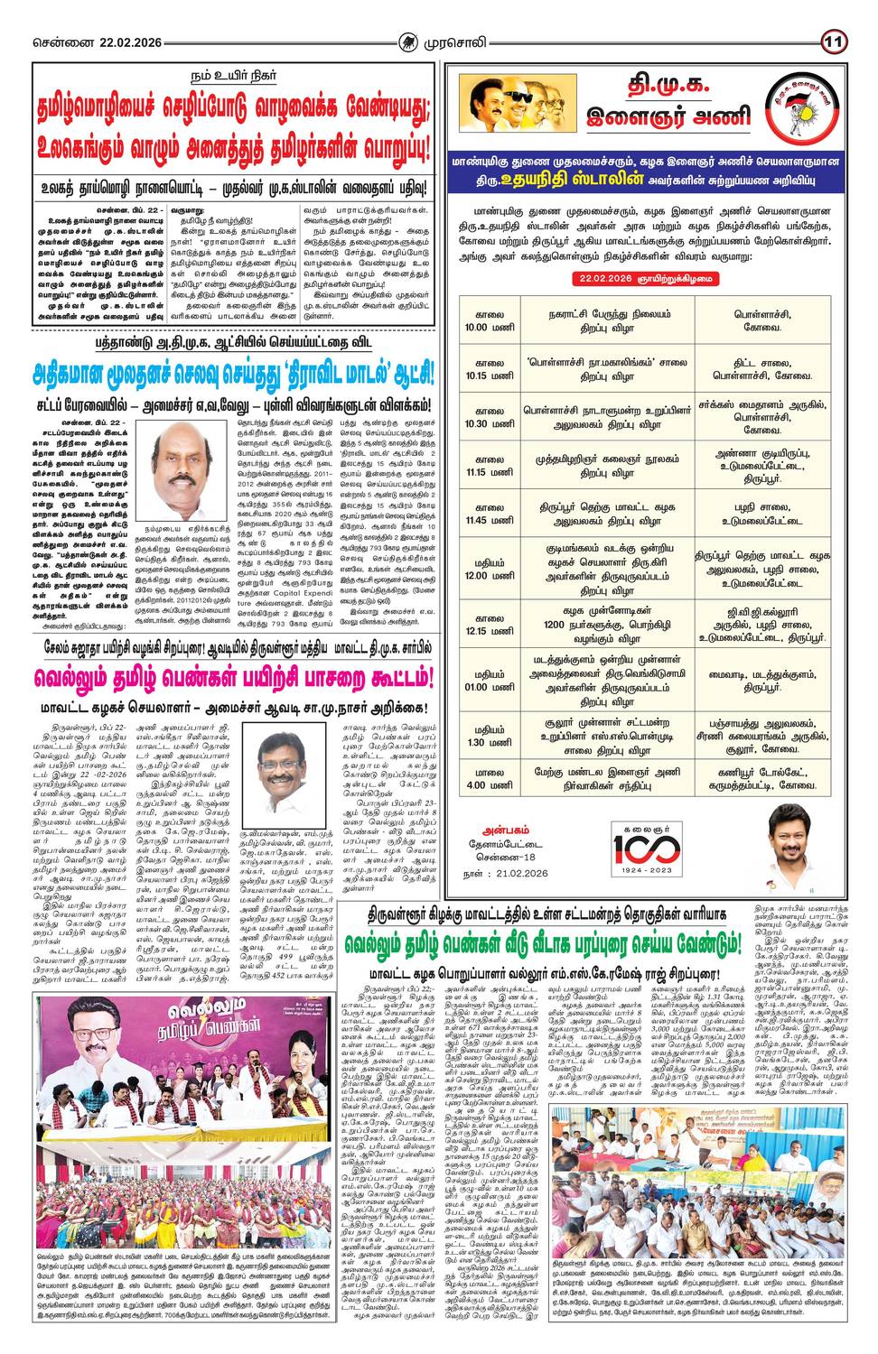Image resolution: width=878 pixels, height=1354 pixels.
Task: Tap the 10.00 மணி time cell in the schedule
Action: tap(489, 321)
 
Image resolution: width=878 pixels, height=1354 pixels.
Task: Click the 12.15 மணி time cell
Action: tap(489, 624)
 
